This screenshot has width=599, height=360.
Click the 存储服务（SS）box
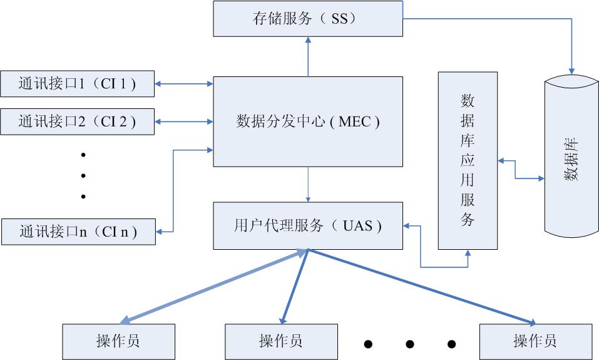point(308,18)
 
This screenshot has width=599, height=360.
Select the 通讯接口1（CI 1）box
point(78,83)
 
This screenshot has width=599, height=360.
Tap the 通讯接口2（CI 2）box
point(78,121)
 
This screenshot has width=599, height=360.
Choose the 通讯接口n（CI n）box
point(78,232)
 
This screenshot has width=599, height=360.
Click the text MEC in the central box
point(359,122)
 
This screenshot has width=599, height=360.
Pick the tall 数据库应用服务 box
point(467,160)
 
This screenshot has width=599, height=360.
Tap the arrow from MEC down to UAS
point(308,185)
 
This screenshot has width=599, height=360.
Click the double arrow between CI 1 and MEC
point(184,83)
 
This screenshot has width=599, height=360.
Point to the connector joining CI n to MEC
point(173,190)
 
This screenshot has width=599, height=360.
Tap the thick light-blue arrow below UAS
point(213,286)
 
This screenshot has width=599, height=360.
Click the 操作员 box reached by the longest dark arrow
point(535,341)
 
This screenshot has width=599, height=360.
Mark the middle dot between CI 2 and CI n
point(83,175)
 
